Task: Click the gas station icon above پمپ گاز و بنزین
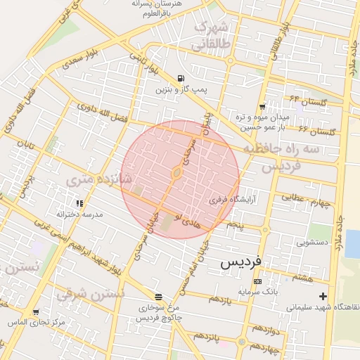coord(181,78)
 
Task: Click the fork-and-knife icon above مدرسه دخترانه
coord(79,203)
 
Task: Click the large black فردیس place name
coord(241,262)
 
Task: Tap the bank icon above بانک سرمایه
coord(257,281)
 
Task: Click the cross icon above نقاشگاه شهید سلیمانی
coord(323,296)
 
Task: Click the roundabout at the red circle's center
coord(176,173)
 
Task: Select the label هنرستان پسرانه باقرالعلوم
coord(161,8)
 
